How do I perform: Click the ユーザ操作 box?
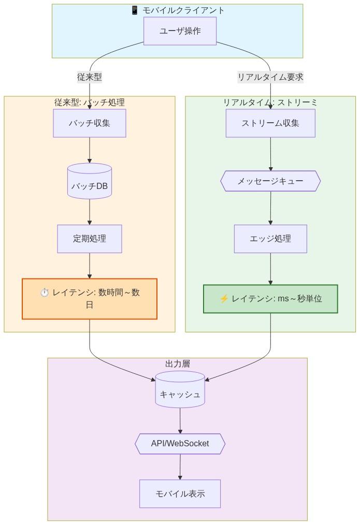point(180,31)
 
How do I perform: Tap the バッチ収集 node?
point(90,123)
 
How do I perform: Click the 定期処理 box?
point(90,239)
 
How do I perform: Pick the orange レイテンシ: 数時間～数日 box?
point(90,299)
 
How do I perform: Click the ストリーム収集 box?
point(270,123)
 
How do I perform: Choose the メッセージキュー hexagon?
point(270,181)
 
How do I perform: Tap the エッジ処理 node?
point(270,239)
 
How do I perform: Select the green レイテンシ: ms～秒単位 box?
point(270,299)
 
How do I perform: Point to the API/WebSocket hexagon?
point(180,444)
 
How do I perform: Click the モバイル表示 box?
point(180,493)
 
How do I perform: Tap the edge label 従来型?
point(90,77)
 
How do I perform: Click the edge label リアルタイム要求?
point(270,77)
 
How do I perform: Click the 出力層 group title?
point(178,364)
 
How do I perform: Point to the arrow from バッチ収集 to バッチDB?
point(90,150)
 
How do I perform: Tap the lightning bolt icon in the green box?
point(224,299)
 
